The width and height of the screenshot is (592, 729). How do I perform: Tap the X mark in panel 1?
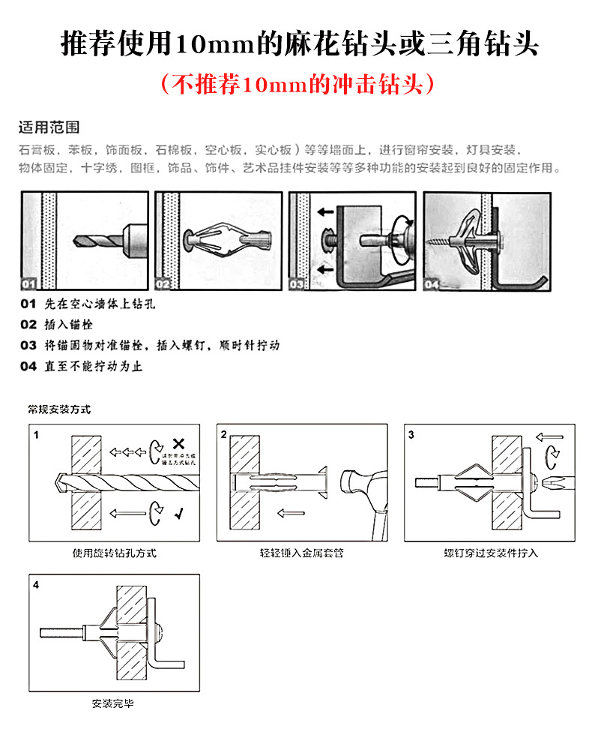pyautogui.click(x=178, y=442)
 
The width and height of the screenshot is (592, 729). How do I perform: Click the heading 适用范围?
pyautogui.click(x=49, y=127)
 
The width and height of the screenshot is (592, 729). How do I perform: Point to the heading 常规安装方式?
pyautogui.click(x=59, y=409)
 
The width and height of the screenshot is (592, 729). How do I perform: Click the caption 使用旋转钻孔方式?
pyautogui.click(x=115, y=553)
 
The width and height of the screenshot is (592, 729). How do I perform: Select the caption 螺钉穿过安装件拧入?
pyautogui.click(x=491, y=553)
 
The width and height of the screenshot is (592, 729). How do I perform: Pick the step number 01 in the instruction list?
pyautogui.click(x=28, y=305)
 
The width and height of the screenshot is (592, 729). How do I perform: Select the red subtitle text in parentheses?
pyautogui.click(x=297, y=83)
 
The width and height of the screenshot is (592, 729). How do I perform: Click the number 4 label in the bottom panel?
pyautogui.click(x=36, y=584)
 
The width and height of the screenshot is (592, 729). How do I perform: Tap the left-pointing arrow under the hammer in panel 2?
pyautogui.click(x=290, y=514)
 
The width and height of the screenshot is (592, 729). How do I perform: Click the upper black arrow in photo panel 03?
pyautogui.click(x=325, y=212)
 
